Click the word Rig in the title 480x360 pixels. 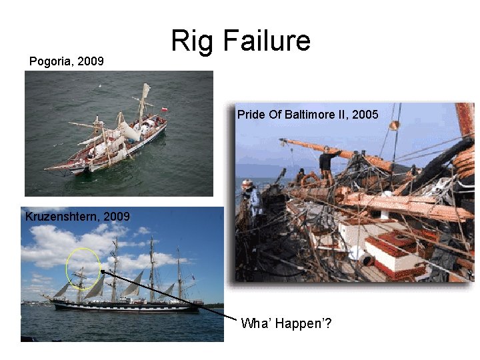tap(192, 41)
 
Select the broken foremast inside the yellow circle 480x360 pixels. tap(81, 275)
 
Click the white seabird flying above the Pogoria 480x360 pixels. tap(101, 86)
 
